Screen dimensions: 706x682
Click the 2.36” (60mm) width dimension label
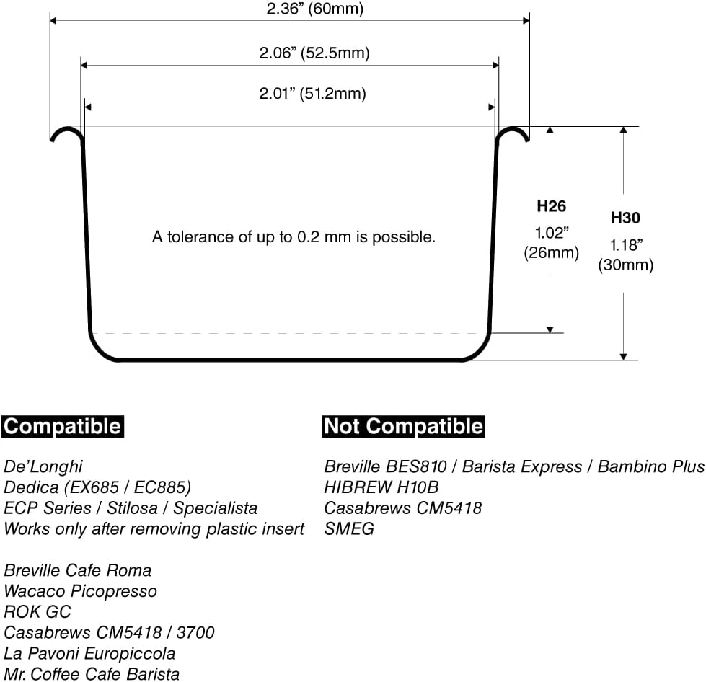pyautogui.click(x=314, y=9)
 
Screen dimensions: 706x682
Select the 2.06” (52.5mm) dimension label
pyautogui.click(x=314, y=53)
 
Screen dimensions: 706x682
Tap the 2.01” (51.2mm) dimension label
pyautogui.click(x=312, y=93)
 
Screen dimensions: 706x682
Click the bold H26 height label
pyautogui.click(x=551, y=206)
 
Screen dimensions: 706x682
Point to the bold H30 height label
pyautogui.click(x=625, y=218)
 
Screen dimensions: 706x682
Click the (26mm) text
pyautogui.click(x=551, y=252)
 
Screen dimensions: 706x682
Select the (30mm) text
pyautogui.click(x=625, y=265)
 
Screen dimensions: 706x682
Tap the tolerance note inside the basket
pyautogui.click(x=294, y=236)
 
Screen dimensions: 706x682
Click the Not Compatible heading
pyautogui.click(x=403, y=426)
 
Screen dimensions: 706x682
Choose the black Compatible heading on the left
pyautogui.click(x=63, y=426)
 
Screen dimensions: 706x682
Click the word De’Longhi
pyautogui.click(x=43, y=466)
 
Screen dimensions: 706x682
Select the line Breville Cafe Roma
pyautogui.click(x=77, y=570)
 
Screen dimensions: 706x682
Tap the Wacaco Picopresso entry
pyautogui.click(x=80, y=591)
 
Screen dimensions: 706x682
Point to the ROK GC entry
pyautogui.click(x=37, y=612)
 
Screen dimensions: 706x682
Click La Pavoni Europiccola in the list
pyautogui.click(x=89, y=653)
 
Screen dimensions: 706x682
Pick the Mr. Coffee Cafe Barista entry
pyautogui.click(x=92, y=674)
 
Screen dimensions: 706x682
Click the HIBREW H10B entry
pyautogui.click(x=381, y=487)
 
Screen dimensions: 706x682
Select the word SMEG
pyautogui.click(x=349, y=528)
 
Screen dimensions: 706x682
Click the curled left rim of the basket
pyautogui.click(x=66, y=130)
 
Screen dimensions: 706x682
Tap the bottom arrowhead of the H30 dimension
pyautogui.click(x=623, y=357)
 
